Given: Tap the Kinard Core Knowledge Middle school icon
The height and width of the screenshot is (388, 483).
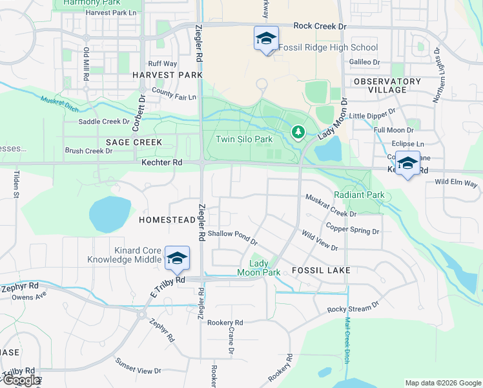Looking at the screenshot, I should pyautogui.click(x=176, y=258).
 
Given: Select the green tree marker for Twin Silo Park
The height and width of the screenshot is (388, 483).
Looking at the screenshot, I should pyautogui.click(x=298, y=133).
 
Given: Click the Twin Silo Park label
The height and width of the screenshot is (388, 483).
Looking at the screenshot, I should pyautogui.click(x=244, y=138).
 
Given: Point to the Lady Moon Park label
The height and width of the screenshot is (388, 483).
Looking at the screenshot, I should pyautogui.click(x=265, y=268).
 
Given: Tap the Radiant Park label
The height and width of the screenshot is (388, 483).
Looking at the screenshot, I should pyautogui.click(x=358, y=195).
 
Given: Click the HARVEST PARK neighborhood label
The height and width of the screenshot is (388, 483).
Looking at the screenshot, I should pyautogui.click(x=163, y=75).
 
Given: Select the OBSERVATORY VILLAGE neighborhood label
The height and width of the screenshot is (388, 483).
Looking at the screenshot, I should pyautogui.click(x=387, y=85).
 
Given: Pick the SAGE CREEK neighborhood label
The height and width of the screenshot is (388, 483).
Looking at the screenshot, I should pyautogui.click(x=129, y=142).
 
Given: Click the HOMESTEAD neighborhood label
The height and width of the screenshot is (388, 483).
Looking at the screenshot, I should pyautogui.click(x=167, y=220).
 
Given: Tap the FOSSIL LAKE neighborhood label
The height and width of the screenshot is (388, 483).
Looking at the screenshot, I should pyautogui.click(x=321, y=270).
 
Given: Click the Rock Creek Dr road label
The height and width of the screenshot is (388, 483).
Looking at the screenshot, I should pyautogui.click(x=320, y=26).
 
